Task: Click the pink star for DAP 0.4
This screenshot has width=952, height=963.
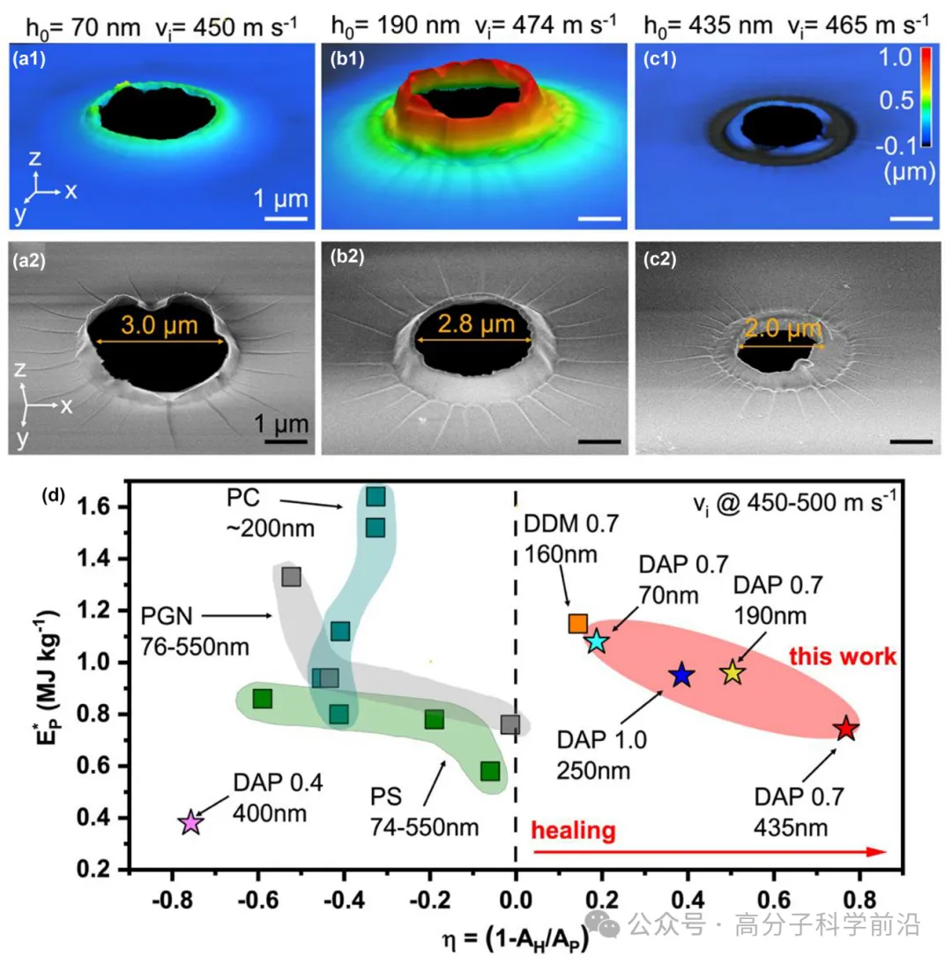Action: [x=190, y=823]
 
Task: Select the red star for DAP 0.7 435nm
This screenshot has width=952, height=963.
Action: [x=846, y=729]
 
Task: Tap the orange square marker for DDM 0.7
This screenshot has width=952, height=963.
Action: [x=578, y=624]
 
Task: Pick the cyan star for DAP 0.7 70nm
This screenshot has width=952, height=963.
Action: [x=598, y=641]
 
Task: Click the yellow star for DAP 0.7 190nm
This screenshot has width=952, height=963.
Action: [x=733, y=674]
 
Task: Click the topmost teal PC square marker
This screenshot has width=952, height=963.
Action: [x=376, y=497]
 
